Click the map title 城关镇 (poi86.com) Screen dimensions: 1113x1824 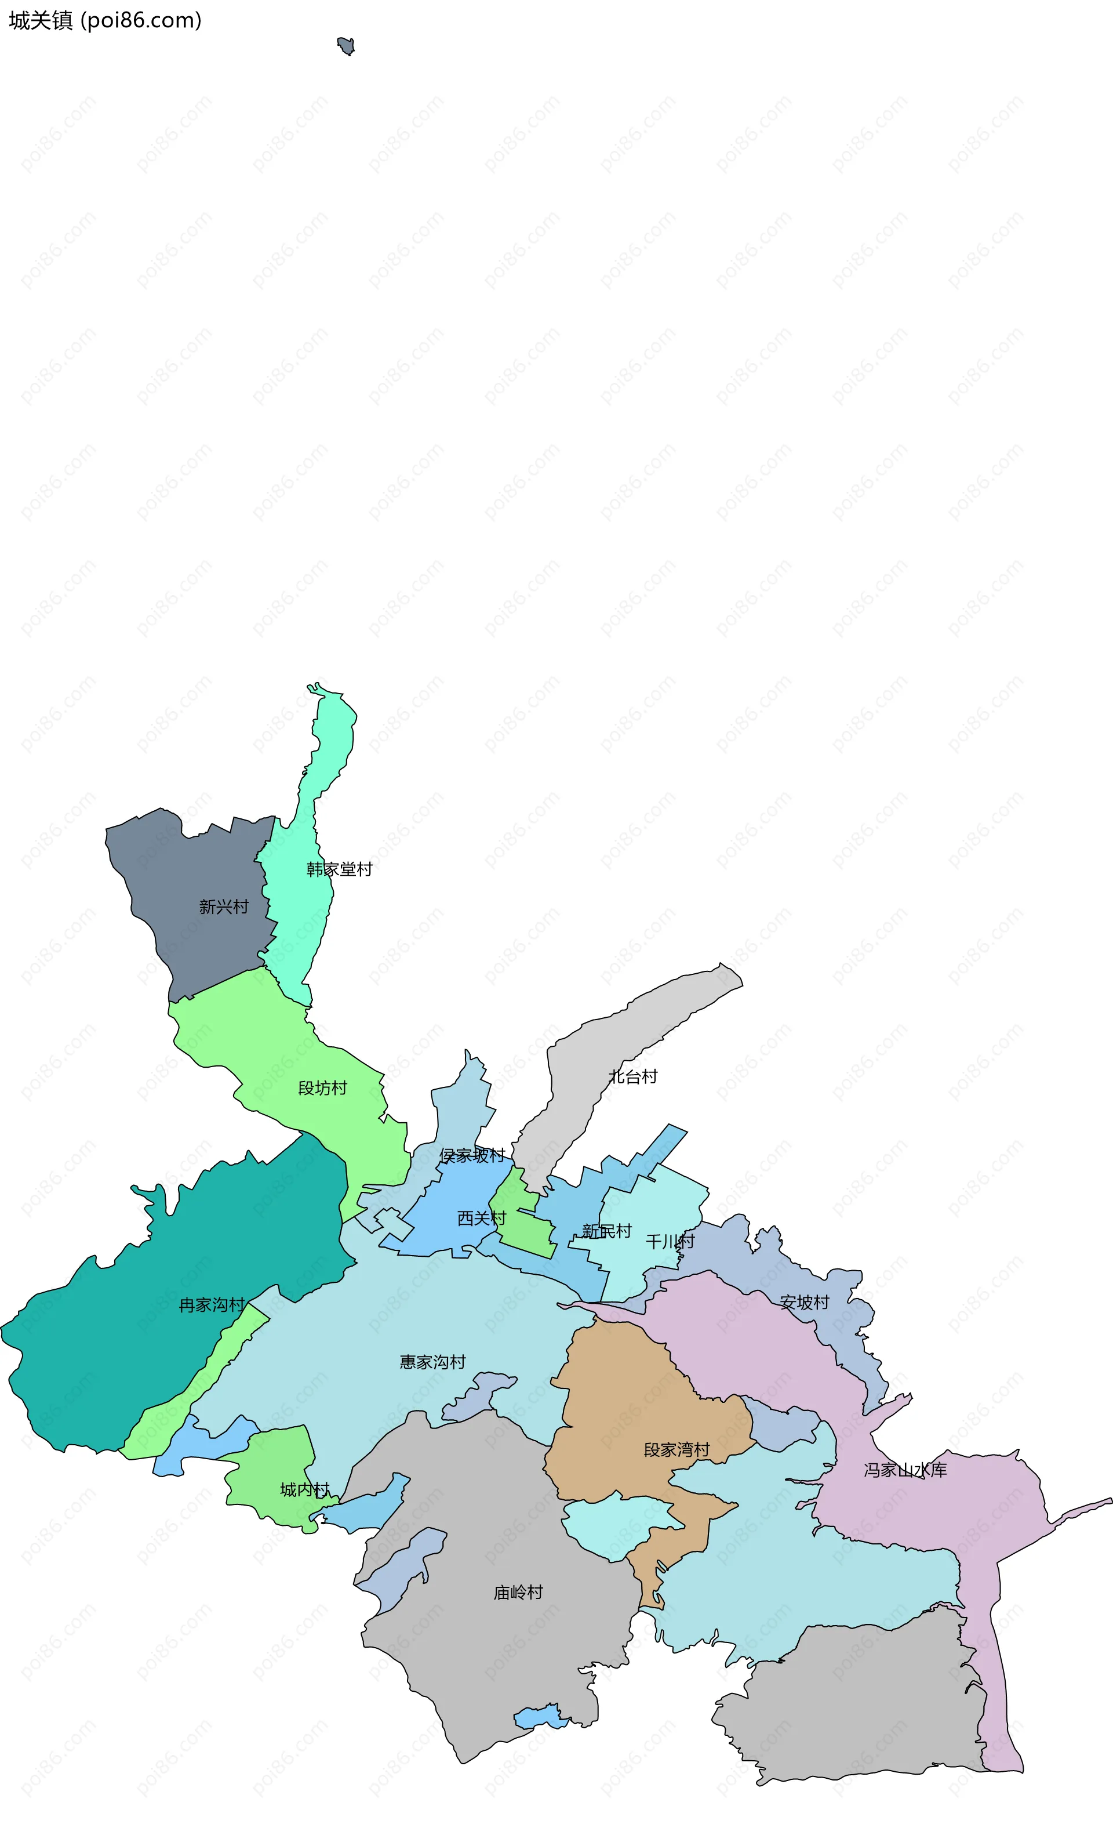tap(104, 21)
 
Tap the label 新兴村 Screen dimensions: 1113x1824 tap(224, 907)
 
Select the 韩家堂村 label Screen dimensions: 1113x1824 tap(339, 869)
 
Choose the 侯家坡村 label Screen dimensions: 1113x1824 tap(472, 1155)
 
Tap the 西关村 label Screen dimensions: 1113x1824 tap(481, 1219)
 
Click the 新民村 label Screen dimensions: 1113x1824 tap(606, 1231)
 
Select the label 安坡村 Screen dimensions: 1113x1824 tap(805, 1302)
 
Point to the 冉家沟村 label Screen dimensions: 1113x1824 tap(212, 1304)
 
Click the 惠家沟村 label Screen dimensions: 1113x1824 tap(432, 1362)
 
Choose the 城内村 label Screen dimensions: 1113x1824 tap(304, 1489)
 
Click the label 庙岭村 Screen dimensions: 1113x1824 tap(518, 1592)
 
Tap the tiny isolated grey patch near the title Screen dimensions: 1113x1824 tap(345, 46)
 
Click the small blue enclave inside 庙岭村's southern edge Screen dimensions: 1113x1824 tap(539, 1716)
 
